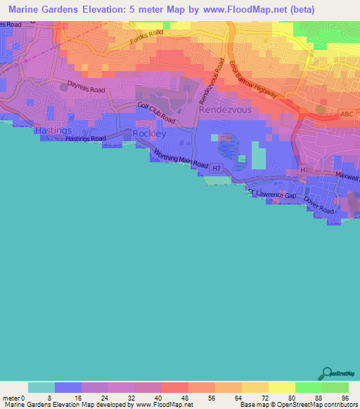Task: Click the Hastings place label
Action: coord(52,131)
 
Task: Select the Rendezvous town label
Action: coord(224,110)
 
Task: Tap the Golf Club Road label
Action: coord(156,115)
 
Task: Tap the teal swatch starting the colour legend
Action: coord(41,387)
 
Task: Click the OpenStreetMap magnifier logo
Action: coord(326,374)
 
